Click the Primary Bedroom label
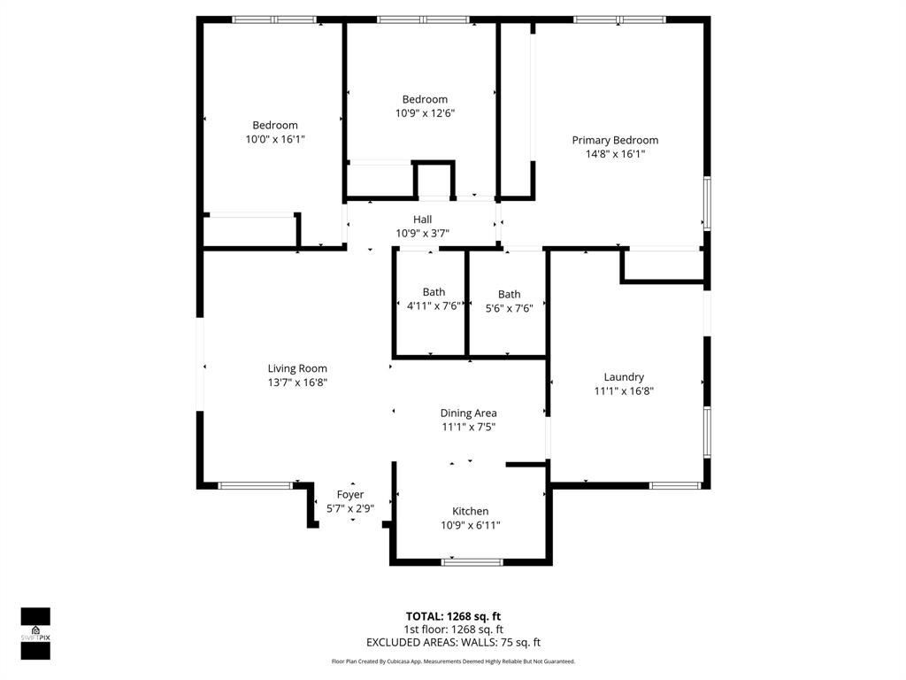pyautogui.click(x=615, y=140)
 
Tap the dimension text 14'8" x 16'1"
pyautogui.click(x=615, y=154)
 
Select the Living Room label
pyautogui.click(x=297, y=368)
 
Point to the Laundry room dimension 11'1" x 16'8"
pyautogui.click(x=624, y=390)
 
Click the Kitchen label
pyautogui.click(x=470, y=511)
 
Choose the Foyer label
pyautogui.click(x=350, y=494)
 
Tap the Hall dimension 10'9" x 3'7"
pyautogui.click(x=422, y=234)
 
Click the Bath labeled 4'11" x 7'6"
pyautogui.click(x=434, y=292)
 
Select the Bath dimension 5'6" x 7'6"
pyautogui.click(x=509, y=309)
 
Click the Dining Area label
pyautogui.click(x=468, y=413)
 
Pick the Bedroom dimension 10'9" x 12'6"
pyautogui.click(x=425, y=113)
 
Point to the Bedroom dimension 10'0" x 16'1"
pyautogui.click(x=275, y=139)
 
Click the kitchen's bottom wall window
pyautogui.click(x=472, y=561)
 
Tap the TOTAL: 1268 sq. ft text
pyautogui.click(x=453, y=616)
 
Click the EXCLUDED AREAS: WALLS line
pyautogui.click(x=453, y=643)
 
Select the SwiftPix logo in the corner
pyautogui.click(x=35, y=634)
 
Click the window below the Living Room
pyautogui.click(x=255, y=485)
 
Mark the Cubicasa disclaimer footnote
pyautogui.click(x=453, y=661)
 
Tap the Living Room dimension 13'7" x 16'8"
pyautogui.click(x=297, y=382)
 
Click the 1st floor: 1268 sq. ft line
pyautogui.click(x=453, y=630)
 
